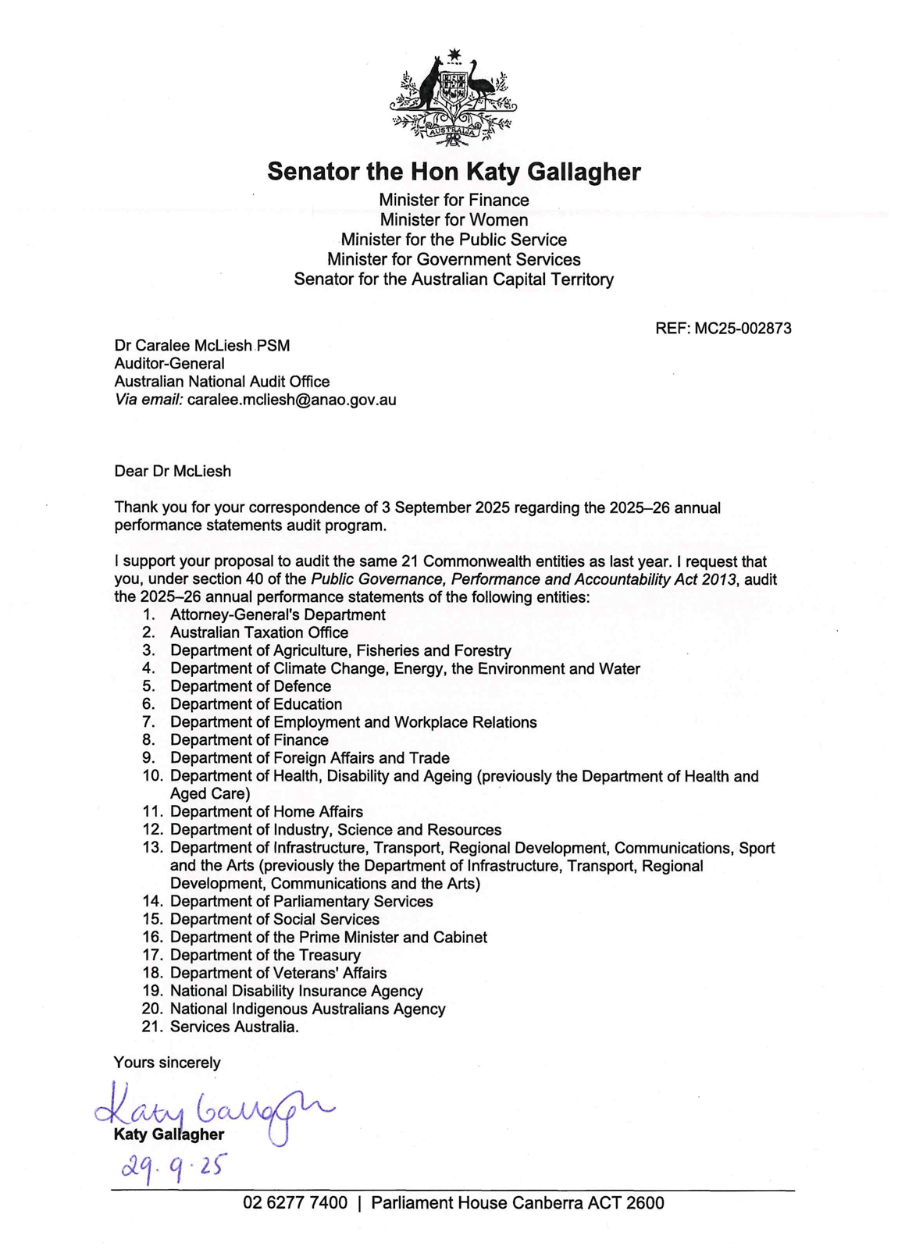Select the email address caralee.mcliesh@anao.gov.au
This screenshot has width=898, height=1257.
tap(291, 400)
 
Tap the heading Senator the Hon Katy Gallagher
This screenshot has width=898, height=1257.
tap(454, 172)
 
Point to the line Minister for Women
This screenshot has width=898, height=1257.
tap(454, 220)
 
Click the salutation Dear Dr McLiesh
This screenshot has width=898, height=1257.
tap(173, 471)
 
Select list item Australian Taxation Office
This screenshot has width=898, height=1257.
tap(259, 632)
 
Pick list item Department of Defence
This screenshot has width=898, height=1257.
tap(251, 686)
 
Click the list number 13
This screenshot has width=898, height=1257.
tap(152, 848)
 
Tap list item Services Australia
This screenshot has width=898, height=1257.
tap(234, 1027)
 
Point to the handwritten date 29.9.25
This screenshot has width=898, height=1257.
tap(173, 1166)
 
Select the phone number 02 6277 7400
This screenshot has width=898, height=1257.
tap(295, 1203)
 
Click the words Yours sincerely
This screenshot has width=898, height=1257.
tap(167, 1063)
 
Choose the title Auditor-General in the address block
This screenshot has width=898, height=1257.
tap(169, 363)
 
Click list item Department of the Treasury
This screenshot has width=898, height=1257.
tap(265, 955)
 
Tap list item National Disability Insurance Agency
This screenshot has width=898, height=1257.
tap(296, 991)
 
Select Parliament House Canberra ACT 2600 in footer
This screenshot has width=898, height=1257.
tap(518, 1203)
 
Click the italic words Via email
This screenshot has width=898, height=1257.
tap(148, 400)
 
